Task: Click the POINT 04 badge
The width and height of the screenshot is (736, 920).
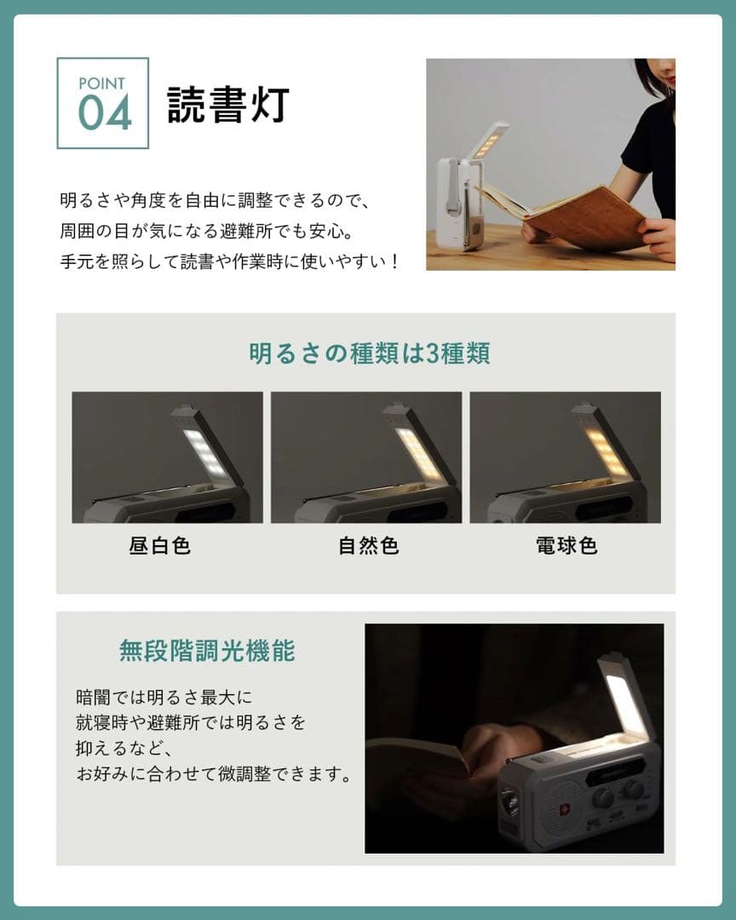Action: pyautogui.click(x=103, y=103)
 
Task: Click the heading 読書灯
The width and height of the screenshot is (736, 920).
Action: pyautogui.click(x=227, y=106)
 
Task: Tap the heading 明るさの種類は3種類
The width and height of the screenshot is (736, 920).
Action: pyautogui.click(x=369, y=354)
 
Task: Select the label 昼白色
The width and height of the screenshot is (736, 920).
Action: pyautogui.click(x=160, y=546)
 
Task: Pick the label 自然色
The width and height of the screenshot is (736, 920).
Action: pyautogui.click(x=368, y=546)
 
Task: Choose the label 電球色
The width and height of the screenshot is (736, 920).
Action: pyautogui.click(x=566, y=546)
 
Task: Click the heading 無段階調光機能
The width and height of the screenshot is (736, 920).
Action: pyautogui.click(x=207, y=652)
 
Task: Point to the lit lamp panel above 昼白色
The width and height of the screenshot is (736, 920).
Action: pyautogui.click(x=205, y=451)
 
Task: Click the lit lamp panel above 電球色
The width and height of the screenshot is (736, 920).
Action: pyautogui.click(x=606, y=451)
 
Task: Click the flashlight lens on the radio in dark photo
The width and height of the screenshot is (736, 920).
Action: pyautogui.click(x=510, y=802)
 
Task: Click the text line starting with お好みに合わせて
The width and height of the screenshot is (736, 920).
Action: pyautogui.click(x=213, y=776)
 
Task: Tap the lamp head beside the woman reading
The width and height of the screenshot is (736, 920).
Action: pyautogui.click(x=488, y=141)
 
